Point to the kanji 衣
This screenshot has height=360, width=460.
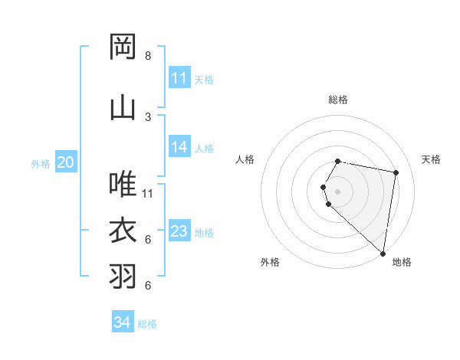click(123, 230)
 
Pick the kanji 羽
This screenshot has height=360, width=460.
click(123, 276)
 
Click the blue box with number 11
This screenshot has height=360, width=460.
click(179, 78)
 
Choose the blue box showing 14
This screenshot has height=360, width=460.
click(179, 147)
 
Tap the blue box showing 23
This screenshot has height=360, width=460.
click(179, 231)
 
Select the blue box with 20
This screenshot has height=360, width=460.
click(66, 162)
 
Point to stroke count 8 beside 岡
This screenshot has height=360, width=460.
click(148, 56)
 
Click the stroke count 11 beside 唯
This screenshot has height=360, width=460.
click(148, 193)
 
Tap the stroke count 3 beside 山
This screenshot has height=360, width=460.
click(148, 116)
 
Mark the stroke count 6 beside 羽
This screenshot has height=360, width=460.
click(148, 286)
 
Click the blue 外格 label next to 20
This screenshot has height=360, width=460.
click(41, 163)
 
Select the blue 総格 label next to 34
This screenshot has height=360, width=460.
click(147, 324)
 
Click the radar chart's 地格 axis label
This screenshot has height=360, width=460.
click(402, 262)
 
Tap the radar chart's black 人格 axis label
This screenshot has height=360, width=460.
click(245, 159)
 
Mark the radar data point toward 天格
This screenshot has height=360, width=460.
click(396, 172)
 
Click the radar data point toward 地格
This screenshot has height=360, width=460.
click(383, 253)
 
